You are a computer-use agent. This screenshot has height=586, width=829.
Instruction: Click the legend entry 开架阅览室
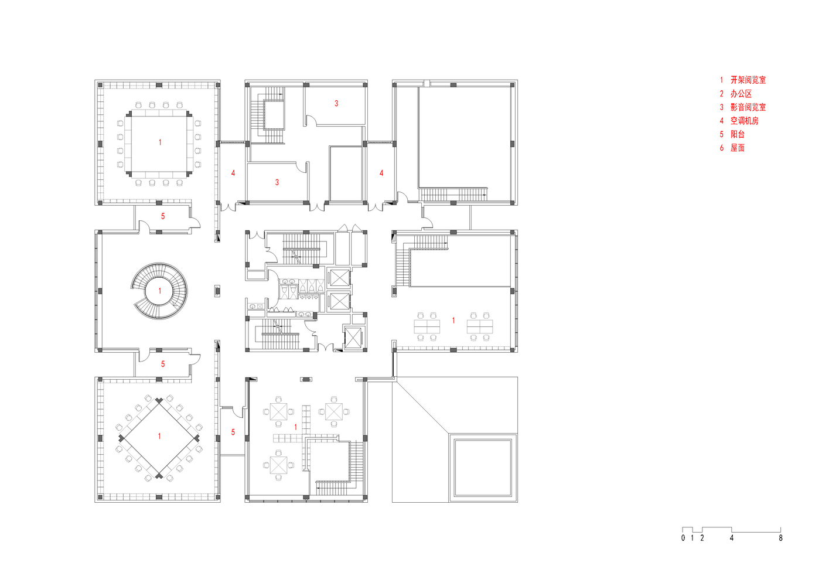click(x=748, y=80)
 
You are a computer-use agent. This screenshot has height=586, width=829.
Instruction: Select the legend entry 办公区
click(x=741, y=94)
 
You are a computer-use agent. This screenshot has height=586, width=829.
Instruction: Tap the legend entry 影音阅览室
click(x=748, y=107)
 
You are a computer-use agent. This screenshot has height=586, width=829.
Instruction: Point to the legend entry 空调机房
click(x=744, y=121)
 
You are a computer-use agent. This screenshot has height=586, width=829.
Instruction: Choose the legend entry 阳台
click(x=737, y=134)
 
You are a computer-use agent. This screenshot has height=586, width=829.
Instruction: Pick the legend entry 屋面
click(x=737, y=148)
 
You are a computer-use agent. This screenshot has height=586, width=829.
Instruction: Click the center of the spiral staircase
click(x=159, y=291)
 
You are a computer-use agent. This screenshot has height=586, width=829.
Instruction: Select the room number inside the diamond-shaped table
click(x=159, y=437)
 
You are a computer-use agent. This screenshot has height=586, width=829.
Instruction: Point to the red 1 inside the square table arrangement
click(x=160, y=142)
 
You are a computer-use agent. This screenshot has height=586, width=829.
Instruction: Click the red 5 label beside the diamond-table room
click(x=233, y=432)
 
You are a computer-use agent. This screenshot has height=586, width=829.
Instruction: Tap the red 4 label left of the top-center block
click(x=233, y=173)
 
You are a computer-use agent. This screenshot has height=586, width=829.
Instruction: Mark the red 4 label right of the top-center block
click(x=381, y=173)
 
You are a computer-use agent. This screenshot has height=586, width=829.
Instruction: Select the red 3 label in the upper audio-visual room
click(x=336, y=104)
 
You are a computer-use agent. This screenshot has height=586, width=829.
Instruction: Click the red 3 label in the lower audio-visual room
click(x=277, y=182)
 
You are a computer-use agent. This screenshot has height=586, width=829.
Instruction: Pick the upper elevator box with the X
click(x=339, y=278)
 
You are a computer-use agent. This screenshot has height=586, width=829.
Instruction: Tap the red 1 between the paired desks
click(x=453, y=321)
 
